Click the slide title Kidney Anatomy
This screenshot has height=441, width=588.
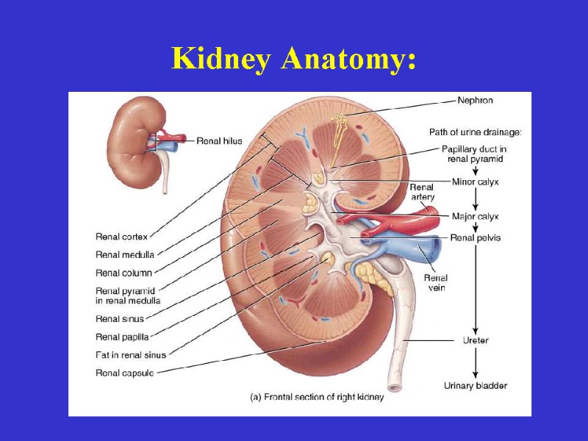point(294,58)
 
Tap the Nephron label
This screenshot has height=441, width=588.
point(475,100)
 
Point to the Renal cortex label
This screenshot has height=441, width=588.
point(122,237)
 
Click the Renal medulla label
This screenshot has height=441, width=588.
point(125,255)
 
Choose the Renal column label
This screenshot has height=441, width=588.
point(123,273)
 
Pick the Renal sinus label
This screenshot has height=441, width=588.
point(120,319)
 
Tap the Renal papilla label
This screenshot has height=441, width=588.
point(122,337)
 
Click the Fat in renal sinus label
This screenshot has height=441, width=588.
point(131,355)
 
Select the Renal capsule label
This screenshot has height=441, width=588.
point(124,373)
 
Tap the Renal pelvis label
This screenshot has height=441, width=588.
point(476,238)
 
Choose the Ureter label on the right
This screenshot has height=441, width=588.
point(476,340)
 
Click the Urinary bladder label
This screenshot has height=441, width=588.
point(476,386)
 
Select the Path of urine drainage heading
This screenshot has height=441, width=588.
point(476,132)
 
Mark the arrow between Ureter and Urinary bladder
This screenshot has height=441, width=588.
point(476,362)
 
